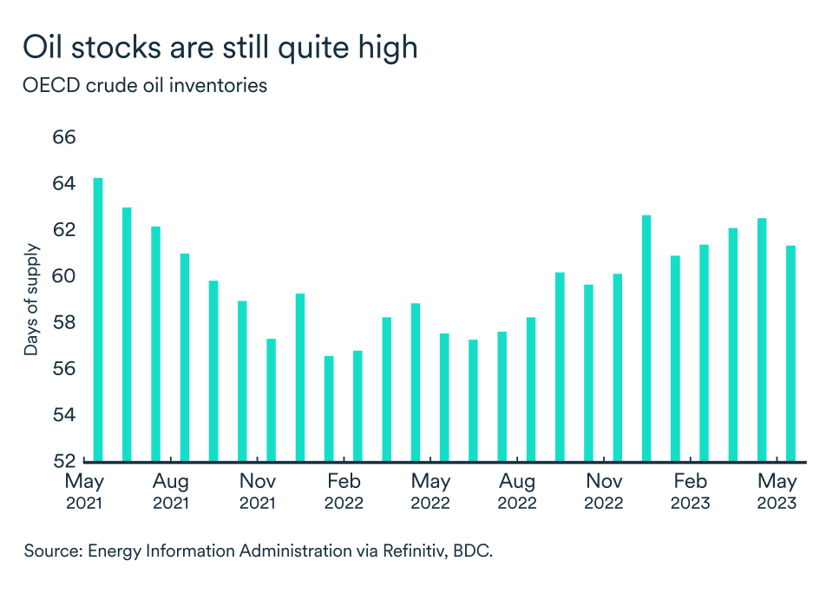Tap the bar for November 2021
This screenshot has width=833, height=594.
[271, 399]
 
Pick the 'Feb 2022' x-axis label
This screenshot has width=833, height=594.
[344, 492]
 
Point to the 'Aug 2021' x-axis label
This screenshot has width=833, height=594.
[171, 492]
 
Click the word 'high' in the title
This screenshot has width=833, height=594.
[386, 48]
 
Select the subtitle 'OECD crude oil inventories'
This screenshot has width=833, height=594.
[145, 86]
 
